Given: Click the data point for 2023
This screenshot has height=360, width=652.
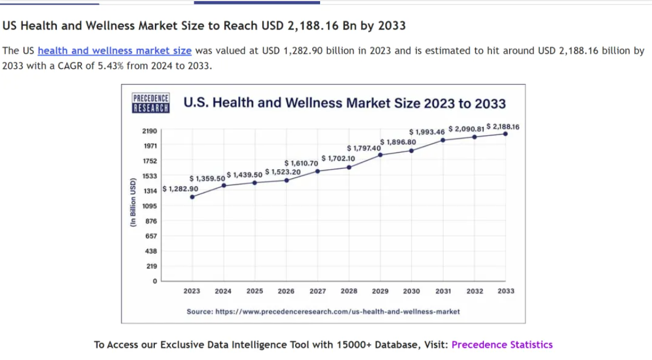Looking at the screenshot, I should click(x=192, y=197).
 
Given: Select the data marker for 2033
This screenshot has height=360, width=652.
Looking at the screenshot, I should click(x=506, y=134).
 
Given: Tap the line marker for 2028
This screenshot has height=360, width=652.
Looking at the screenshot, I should click(x=349, y=167).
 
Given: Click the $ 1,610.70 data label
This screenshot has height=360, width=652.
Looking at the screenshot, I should click(x=301, y=164).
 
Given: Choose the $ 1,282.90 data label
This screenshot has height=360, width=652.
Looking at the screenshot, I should click(x=180, y=189).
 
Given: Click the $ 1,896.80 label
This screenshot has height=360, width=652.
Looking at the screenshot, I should click(x=398, y=142).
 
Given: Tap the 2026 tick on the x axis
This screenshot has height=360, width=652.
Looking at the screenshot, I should click(x=286, y=291).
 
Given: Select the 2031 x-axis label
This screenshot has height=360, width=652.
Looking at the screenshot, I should click(x=443, y=291).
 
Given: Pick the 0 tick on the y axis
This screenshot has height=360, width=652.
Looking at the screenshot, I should click(x=154, y=281).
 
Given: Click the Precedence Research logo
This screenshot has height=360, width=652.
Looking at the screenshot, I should click(x=150, y=103).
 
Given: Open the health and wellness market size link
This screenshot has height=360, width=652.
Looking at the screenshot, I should click(x=115, y=51).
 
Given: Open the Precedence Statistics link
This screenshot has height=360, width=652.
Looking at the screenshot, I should click(x=502, y=345).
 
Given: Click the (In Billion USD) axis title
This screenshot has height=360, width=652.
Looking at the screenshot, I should click(x=132, y=203).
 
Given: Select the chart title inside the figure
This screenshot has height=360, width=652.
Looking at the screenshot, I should click(x=344, y=103).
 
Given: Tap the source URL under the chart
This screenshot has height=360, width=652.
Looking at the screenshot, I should click(x=323, y=312).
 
